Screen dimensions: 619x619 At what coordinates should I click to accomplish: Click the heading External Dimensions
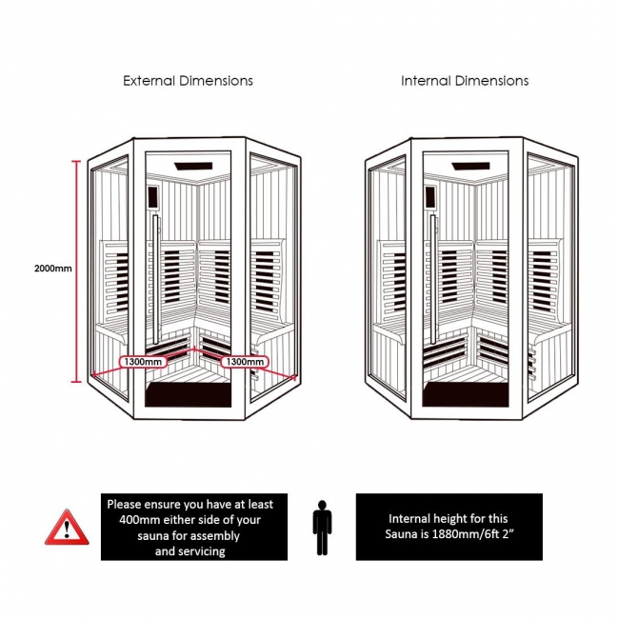tap(188, 81)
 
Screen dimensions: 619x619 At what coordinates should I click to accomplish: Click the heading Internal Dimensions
tap(465, 81)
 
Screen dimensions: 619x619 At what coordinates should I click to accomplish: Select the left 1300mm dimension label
tap(143, 362)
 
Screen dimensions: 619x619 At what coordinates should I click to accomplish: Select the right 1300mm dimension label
tap(243, 362)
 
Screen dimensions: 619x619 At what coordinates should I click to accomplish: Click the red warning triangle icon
tap(65, 526)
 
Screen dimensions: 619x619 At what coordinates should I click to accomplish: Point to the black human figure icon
tap(323, 526)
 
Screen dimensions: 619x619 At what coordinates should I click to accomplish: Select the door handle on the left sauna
tap(152, 286)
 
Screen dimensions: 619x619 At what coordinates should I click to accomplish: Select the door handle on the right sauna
tap(431, 286)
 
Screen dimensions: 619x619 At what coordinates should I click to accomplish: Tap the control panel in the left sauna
tap(150, 199)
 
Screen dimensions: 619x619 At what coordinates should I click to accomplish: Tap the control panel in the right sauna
tap(429, 199)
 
